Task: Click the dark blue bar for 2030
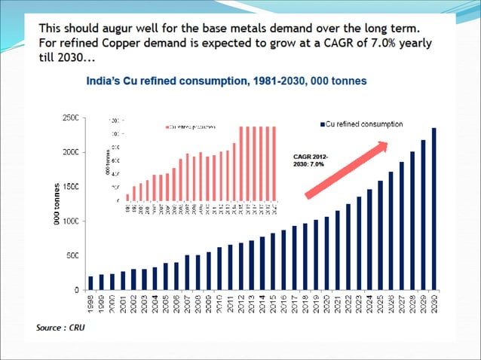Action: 434,209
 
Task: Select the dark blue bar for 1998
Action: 90,283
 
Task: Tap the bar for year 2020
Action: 326,253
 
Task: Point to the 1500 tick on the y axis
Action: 70,186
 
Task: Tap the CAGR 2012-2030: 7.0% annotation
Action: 309,158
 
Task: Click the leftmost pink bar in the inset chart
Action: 127,197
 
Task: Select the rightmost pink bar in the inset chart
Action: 274,163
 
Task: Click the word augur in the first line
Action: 121,29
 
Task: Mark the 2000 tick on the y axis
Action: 70,152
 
